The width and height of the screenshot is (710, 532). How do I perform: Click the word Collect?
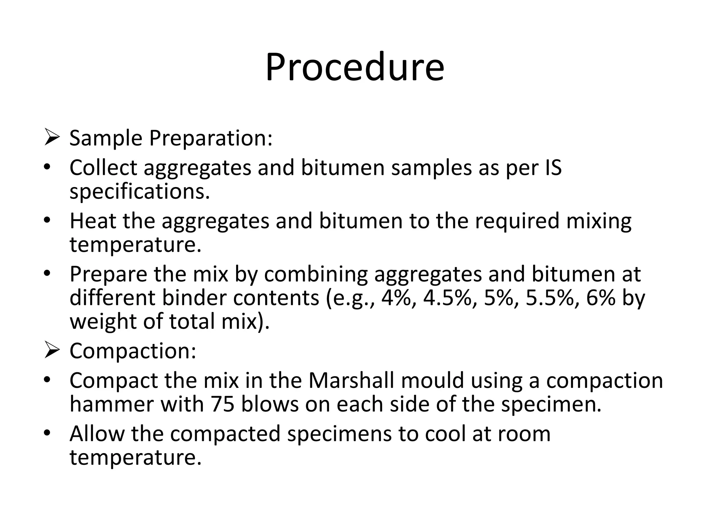pyautogui.click(x=103, y=168)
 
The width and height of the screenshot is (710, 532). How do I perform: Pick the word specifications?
pyautogui.click(x=139, y=192)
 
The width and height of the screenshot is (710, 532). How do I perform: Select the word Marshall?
pyautogui.click(x=351, y=381)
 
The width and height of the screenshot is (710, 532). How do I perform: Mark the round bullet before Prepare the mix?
pyautogui.click(x=47, y=274)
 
